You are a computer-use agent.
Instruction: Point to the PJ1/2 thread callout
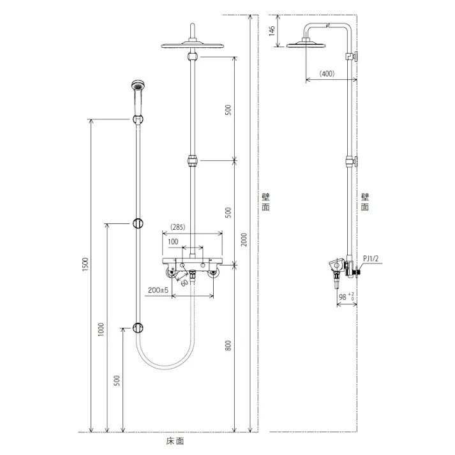pos(372,258)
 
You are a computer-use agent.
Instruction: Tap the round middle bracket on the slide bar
pos(137,223)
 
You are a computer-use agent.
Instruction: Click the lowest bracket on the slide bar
pos(137,327)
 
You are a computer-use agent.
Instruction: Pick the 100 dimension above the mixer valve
pos(173,242)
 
